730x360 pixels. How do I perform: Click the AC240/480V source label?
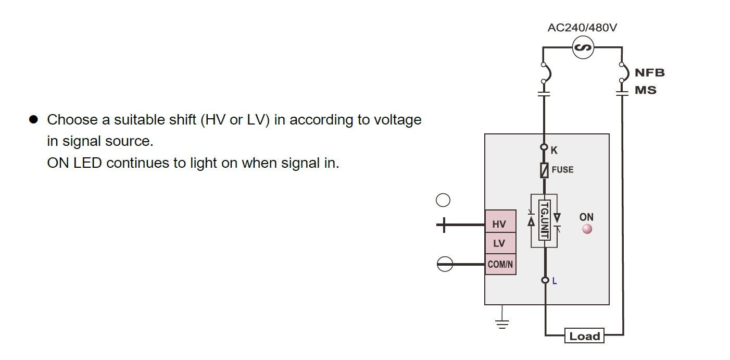click(582, 28)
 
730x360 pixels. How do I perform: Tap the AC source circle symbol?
click(583, 48)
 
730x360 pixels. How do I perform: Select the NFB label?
click(649, 72)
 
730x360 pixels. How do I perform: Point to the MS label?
click(646, 90)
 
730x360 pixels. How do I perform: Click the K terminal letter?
click(554, 151)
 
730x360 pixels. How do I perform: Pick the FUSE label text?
click(562, 170)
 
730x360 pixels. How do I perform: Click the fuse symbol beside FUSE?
click(545, 170)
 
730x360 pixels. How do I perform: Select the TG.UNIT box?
click(544, 220)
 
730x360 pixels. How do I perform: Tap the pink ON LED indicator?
click(587, 229)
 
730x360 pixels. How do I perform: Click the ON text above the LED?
click(586, 217)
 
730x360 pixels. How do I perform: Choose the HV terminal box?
click(500, 225)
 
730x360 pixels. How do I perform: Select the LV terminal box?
click(500, 243)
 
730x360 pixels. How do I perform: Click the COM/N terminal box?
click(500, 264)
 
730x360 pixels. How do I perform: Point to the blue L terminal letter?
click(555, 281)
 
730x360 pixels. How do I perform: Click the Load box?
click(584, 336)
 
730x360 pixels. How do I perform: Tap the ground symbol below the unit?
click(502, 324)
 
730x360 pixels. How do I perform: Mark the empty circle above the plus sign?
click(443, 201)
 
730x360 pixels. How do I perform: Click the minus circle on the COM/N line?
click(444, 265)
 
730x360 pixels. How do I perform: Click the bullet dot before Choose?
click(34, 120)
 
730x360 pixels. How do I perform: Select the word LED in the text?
click(88, 163)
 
